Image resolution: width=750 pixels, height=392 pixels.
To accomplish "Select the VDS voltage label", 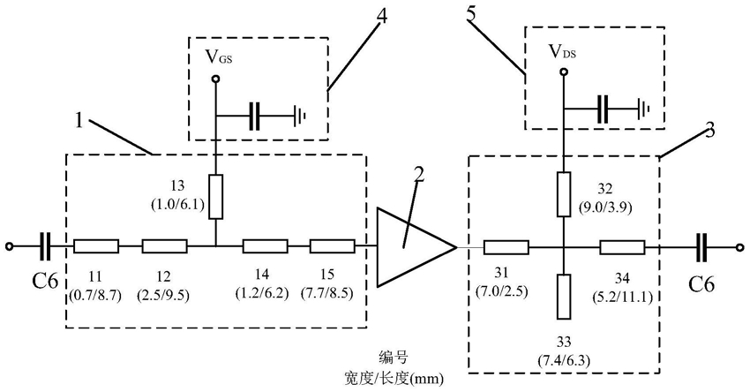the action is [562, 51].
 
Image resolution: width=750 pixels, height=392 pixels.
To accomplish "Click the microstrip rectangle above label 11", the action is [97, 246].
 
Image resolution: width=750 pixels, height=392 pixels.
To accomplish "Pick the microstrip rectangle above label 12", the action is [164, 246].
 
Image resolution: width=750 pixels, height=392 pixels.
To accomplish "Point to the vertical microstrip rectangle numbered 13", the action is [216, 197].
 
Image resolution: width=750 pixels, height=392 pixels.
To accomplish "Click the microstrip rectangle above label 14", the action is [266, 246].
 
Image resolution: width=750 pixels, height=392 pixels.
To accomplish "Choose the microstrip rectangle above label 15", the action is [333, 246].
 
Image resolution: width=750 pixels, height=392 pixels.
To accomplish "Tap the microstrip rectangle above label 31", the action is [506, 247].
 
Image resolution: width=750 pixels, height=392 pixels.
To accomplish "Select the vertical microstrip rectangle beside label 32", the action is [565, 194].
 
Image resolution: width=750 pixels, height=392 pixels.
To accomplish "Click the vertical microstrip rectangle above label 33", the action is [565, 297].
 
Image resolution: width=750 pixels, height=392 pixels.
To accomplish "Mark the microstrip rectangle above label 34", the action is [622, 247].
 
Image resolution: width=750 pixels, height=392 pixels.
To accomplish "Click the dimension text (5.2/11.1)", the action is [622, 296].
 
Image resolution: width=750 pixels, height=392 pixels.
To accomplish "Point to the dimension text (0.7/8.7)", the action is [95, 296].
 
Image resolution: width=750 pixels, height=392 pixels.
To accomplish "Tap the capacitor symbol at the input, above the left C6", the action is [45, 246].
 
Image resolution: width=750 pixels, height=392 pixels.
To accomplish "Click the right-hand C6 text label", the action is [701, 285].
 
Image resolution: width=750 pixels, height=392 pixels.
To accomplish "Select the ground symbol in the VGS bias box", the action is [299, 116].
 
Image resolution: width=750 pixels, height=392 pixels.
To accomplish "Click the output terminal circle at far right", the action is [740, 247].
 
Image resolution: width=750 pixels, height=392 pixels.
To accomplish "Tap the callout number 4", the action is [382, 16].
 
